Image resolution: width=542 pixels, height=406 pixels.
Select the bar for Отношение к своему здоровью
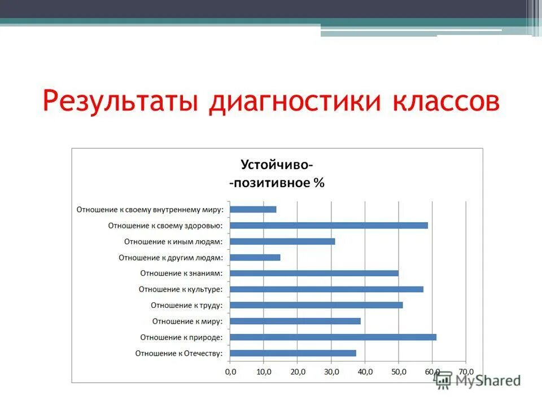(329, 226)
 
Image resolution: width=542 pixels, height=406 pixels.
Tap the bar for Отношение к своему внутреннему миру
(253, 209)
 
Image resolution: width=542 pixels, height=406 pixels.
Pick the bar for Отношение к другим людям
(255, 258)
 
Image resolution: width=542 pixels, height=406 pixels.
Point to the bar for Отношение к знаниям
(314, 273)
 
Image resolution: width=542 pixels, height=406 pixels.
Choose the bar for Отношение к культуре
(327, 289)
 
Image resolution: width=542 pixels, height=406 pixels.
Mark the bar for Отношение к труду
(317, 305)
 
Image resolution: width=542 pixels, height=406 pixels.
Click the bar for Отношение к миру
(295, 321)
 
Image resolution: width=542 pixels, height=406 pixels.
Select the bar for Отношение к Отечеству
(294, 353)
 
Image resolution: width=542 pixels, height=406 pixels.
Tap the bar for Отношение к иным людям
(283, 241)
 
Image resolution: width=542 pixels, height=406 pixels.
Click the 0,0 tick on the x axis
(230, 372)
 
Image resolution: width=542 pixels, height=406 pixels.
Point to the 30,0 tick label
(331, 372)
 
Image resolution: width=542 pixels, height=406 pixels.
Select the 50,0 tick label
(399, 372)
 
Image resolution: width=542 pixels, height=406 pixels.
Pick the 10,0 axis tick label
(264, 372)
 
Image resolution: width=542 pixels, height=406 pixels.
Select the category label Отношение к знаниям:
(181, 273)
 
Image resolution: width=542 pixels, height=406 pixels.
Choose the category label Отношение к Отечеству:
(179, 354)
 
